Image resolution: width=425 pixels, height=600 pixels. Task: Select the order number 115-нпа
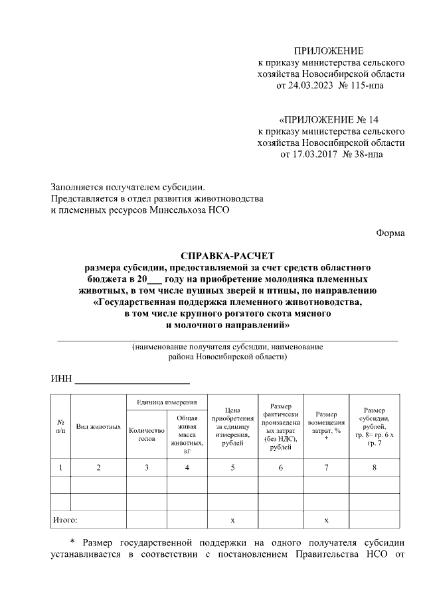tap(365, 86)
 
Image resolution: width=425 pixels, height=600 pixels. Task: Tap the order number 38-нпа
tap(364, 154)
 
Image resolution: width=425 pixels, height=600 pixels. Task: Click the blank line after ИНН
tap(132, 380)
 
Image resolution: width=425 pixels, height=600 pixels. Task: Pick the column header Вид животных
tap(98, 426)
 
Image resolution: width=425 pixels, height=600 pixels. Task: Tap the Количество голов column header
tap(146, 434)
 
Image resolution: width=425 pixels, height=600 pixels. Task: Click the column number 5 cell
tap(232, 468)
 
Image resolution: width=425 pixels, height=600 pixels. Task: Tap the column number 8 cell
tap(374, 468)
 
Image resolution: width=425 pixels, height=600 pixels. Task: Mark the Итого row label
tap(64, 520)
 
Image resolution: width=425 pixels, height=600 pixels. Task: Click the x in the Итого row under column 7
tap(326, 520)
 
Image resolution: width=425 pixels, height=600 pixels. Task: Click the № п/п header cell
tap(60, 426)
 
